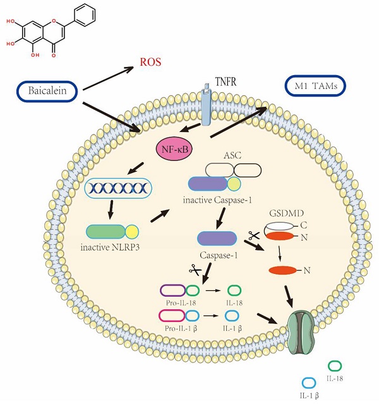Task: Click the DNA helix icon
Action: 118,187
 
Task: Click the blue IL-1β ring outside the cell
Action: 309,383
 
